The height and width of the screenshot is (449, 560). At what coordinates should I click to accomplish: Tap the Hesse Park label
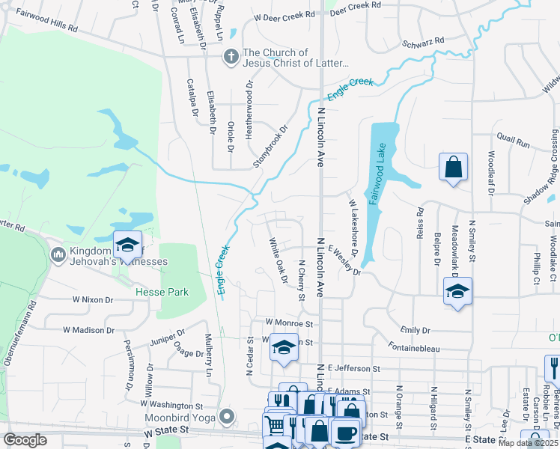tap(162, 293)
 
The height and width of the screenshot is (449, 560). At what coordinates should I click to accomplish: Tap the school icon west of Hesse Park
tap(127, 244)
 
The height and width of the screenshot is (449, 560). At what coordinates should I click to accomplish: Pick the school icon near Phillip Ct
tap(457, 291)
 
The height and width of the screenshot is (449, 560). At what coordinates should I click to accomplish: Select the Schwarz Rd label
tap(423, 42)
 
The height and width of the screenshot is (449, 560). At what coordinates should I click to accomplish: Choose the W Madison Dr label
tap(88, 329)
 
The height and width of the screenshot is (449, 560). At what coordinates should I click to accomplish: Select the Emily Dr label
tap(416, 330)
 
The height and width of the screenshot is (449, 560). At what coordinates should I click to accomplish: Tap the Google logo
tap(25, 440)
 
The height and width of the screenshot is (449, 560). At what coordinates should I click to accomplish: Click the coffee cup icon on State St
tap(345, 433)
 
